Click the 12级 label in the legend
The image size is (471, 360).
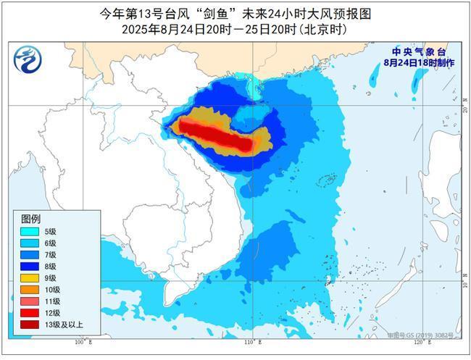[x=51, y=312]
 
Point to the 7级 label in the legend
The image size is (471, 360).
[x=50, y=254]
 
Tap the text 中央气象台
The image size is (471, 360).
[x=420, y=52]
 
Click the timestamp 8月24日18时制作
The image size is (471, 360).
[x=420, y=63]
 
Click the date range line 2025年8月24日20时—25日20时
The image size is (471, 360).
[x=235, y=30]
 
